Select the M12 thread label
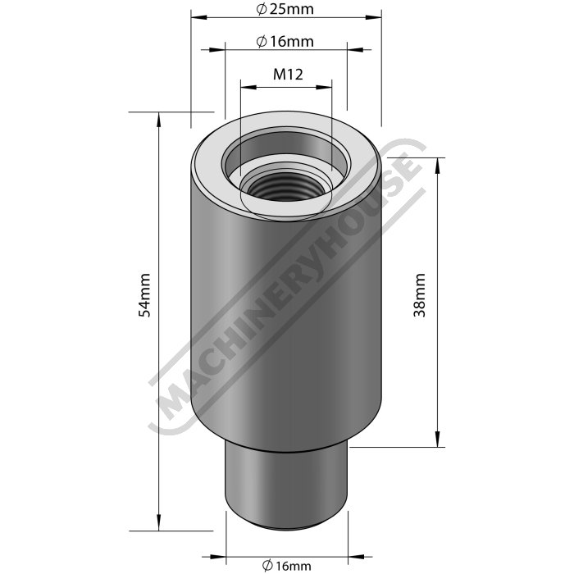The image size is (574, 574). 288,74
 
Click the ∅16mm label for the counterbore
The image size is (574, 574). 285,41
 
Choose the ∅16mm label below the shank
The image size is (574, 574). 288,565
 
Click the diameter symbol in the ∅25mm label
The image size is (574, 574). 260,9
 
